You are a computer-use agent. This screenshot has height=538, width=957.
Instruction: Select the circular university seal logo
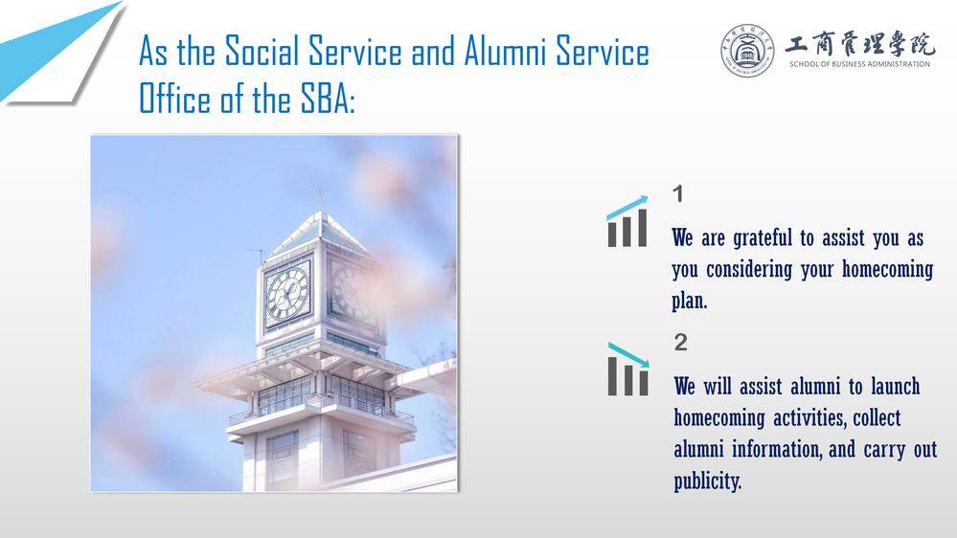(x=746, y=51)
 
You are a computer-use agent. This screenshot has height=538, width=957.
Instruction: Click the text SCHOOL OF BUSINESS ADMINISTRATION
(x=859, y=64)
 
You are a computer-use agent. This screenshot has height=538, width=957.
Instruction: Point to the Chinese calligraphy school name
(x=859, y=43)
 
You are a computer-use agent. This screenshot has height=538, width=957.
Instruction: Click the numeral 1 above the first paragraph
(x=677, y=194)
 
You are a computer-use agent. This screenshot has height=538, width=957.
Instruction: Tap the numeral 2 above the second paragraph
(x=680, y=342)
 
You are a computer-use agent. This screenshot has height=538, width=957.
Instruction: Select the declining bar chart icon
(x=628, y=369)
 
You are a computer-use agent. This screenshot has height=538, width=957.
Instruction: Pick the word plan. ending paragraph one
(x=690, y=301)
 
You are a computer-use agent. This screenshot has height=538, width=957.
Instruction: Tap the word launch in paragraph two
(x=895, y=386)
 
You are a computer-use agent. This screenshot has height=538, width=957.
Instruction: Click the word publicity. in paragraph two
(x=708, y=481)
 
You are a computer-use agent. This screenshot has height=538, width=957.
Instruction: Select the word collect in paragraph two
(x=877, y=417)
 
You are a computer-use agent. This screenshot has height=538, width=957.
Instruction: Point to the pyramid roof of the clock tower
(x=320, y=233)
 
